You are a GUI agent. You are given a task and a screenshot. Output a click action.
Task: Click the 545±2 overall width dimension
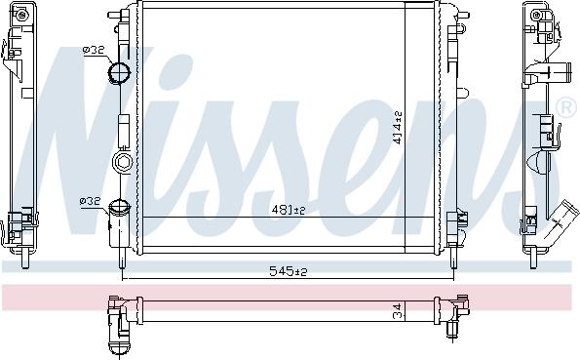coord(289,271)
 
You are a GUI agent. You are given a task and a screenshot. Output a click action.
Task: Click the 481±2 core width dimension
coord(289,210)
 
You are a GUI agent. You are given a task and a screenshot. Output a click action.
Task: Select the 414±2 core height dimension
coord(398,128)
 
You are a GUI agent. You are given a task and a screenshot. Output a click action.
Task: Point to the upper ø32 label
coord(94,50)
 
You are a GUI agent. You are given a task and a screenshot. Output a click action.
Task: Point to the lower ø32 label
coord(90,201)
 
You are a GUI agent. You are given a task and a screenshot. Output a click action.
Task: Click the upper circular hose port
coord(119,72)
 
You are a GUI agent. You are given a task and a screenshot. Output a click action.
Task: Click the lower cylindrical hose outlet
coord(119,223)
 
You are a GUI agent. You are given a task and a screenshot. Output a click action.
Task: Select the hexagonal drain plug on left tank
coord(121,162)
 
